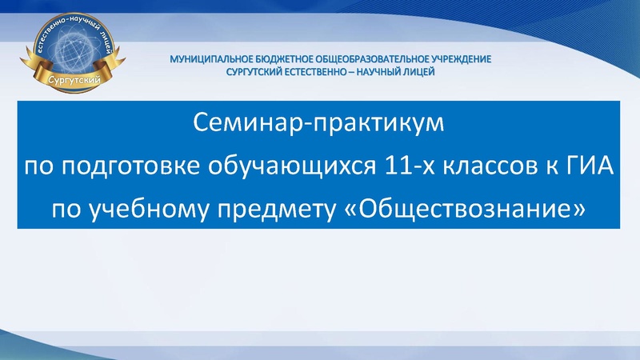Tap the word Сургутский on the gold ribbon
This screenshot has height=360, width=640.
tap(71, 82)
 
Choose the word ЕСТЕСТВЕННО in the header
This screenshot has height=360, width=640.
tap(329, 71)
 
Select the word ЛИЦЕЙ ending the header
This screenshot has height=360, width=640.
tap(426, 71)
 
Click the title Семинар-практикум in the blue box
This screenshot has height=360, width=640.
tap(318, 126)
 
